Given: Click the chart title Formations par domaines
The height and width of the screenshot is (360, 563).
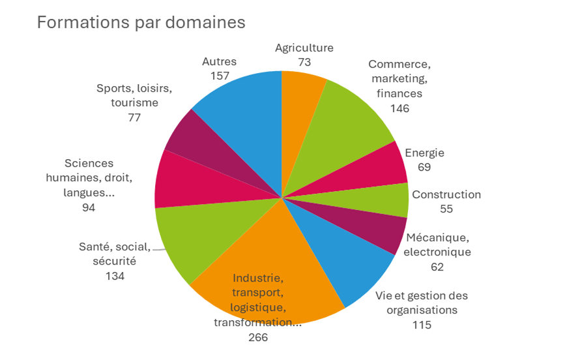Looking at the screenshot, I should click(x=141, y=22).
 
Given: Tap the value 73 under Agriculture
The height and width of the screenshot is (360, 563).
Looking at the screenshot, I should click(x=304, y=63).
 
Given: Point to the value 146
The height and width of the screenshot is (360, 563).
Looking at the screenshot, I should click(x=399, y=108).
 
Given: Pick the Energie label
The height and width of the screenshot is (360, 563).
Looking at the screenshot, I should click(x=424, y=153).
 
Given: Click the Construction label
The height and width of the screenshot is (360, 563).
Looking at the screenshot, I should click(x=446, y=194).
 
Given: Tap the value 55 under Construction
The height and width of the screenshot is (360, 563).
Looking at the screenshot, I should click(x=446, y=209).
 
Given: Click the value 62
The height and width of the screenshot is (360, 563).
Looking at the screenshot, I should click(x=437, y=266).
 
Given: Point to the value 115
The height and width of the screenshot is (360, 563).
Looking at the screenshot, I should click(x=422, y=325).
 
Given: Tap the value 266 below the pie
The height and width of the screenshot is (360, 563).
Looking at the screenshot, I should click(x=258, y=337).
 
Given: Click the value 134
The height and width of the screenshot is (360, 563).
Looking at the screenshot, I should click(x=115, y=276).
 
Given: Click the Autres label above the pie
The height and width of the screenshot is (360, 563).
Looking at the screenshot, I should click(x=219, y=62).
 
